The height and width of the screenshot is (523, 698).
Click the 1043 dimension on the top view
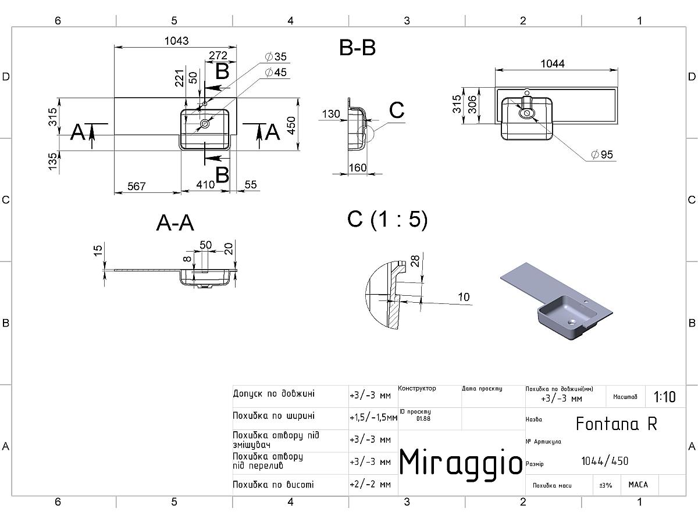tap(176, 41)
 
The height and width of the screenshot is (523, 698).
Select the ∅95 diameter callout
tap(602, 155)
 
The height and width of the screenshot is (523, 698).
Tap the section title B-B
tap(357, 48)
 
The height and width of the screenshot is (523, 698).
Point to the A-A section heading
tap(175, 223)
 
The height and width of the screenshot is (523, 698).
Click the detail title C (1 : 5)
tap(387, 219)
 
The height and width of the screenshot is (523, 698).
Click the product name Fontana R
tap(616, 424)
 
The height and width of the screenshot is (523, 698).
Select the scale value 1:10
tap(664, 397)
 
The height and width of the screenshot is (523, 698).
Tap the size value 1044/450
tap(605, 461)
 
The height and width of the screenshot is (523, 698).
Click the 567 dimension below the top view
tap(137, 186)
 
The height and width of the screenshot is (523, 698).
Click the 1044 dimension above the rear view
tap(553, 63)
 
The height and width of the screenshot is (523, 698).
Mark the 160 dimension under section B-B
tap(357, 168)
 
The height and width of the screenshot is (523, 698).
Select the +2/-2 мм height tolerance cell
tap(370, 484)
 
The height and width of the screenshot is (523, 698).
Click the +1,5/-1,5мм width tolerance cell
tap(373, 417)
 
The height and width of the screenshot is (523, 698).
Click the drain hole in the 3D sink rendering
tap(571, 320)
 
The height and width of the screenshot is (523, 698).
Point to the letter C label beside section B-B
tap(397, 110)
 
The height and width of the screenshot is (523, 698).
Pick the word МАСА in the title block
tap(638, 484)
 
